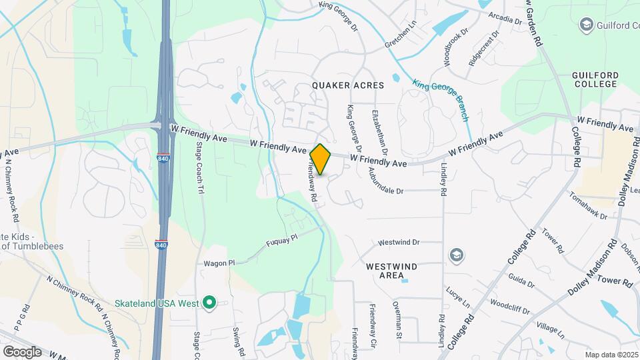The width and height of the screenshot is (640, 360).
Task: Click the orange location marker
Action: click(321, 159)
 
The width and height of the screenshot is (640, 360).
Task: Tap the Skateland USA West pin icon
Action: click(209, 303)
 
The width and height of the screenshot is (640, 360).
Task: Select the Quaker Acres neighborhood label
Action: click(349, 85)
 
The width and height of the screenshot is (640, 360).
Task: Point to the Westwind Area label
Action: click(391, 271)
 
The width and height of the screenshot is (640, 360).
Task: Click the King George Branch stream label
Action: click(441, 100)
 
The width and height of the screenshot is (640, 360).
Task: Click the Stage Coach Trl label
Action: click(199, 167)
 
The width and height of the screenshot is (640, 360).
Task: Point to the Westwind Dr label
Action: click(398, 243)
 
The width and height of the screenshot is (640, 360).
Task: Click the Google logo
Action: click(21, 351)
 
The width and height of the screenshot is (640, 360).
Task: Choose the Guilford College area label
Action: click(595, 80)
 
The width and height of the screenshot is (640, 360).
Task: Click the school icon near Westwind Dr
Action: click(456, 255)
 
